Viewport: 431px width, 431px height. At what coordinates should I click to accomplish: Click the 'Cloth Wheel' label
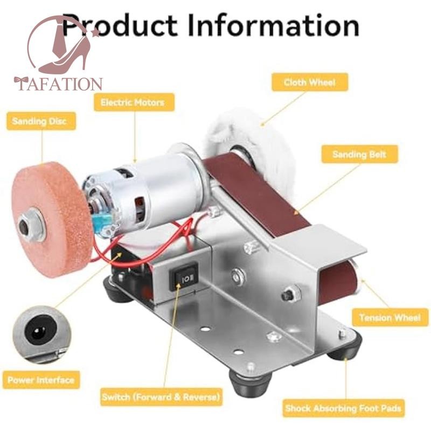click(x=309, y=82)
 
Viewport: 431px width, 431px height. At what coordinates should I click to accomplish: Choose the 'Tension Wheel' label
click(x=390, y=317)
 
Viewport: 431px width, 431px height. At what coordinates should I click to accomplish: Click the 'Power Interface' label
click(x=41, y=380)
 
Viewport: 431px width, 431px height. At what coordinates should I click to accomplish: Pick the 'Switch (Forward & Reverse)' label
click(x=161, y=398)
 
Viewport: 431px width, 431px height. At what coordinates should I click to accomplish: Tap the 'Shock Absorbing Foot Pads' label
click(x=343, y=408)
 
